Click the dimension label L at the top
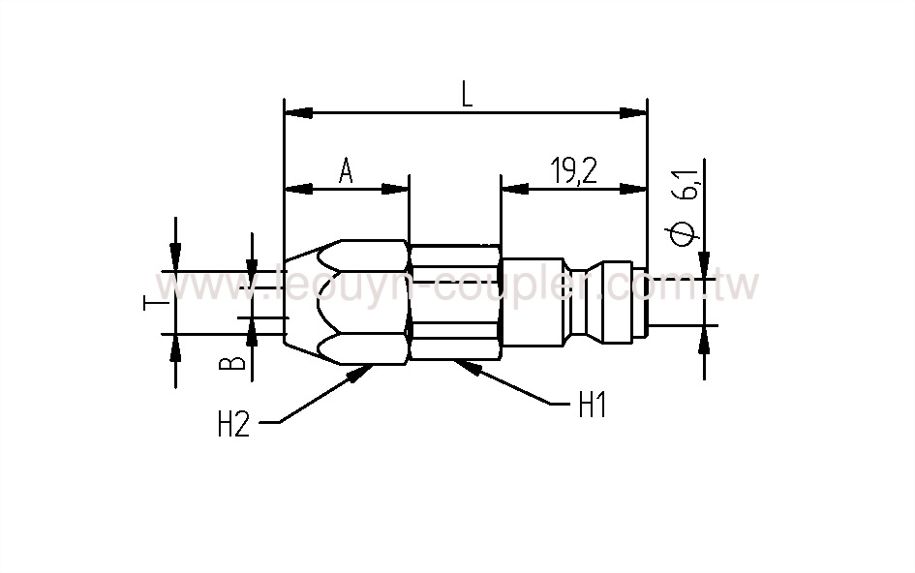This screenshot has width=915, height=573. (x=466, y=95)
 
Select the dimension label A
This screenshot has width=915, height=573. (x=346, y=171)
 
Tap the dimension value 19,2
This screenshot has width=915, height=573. (x=574, y=171)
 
